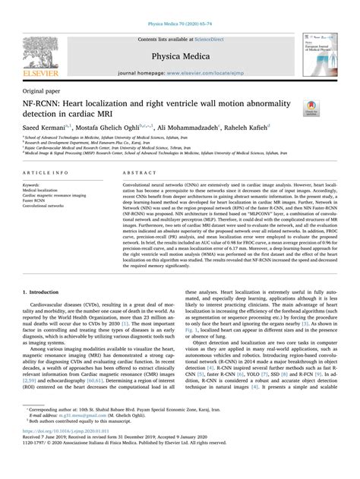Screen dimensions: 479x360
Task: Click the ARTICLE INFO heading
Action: click(44, 174)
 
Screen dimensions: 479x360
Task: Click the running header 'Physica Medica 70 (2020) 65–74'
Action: click(180, 5)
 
